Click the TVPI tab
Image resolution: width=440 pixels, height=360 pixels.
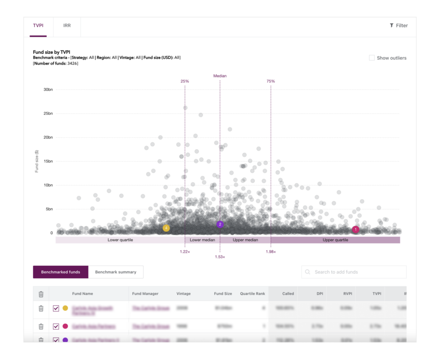click(x=38, y=26)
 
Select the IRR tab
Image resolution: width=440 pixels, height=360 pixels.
click(x=67, y=26)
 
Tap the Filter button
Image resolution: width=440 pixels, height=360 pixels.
click(x=399, y=26)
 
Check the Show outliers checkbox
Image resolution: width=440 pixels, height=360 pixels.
click(x=372, y=58)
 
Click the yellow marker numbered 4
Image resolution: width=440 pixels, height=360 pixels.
click(x=166, y=228)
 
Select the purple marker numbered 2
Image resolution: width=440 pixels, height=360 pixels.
click(x=220, y=224)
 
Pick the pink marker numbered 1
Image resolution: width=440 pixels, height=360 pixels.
click(x=355, y=229)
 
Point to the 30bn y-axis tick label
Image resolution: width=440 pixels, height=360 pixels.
click(x=47, y=89)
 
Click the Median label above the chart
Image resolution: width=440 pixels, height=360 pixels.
click(x=220, y=76)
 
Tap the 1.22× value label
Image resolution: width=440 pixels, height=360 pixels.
click(x=185, y=252)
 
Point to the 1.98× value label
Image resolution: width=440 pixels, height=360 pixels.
click(x=271, y=252)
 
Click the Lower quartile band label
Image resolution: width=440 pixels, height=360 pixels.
click(x=120, y=240)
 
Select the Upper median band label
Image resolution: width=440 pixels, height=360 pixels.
click(x=245, y=240)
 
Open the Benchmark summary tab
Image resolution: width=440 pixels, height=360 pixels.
click(x=116, y=272)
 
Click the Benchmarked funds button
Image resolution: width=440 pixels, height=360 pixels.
click(x=61, y=272)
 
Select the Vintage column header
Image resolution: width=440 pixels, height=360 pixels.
click(x=183, y=294)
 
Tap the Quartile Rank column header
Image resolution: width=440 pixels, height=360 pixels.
click(x=253, y=294)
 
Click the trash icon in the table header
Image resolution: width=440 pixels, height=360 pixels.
click(x=41, y=294)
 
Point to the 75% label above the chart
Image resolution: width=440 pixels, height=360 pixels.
click(x=271, y=81)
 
